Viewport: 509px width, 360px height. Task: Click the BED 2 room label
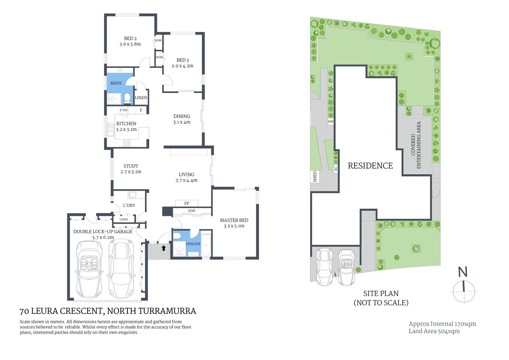click(x=130, y=38)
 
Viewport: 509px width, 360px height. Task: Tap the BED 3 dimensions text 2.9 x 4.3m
click(x=183, y=66)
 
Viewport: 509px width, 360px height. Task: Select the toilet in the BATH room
click(x=127, y=99)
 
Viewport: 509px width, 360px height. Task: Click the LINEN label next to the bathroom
click(x=141, y=98)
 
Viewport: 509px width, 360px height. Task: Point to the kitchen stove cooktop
click(x=127, y=142)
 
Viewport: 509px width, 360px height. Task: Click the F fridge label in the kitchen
click(x=141, y=110)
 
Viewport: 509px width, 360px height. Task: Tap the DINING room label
click(x=182, y=116)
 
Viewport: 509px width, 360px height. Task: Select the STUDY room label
click(x=131, y=166)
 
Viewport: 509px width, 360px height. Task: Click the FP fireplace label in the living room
click(x=187, y=203)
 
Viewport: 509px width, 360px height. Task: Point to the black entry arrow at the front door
click(x=163, y=248)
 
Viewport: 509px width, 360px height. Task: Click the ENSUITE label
click(x=193, y=244)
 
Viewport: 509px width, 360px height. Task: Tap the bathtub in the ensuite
click(x=206, y=245)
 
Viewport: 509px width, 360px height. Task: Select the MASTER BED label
click(x=234, y=220)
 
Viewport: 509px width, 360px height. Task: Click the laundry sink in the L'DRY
click(x=132, y=195)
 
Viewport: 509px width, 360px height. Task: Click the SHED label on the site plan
click(x=315, y=177)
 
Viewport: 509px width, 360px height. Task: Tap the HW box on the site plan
click(x=330, y=121)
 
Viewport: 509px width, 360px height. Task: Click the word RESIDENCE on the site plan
click(x=370, y=166)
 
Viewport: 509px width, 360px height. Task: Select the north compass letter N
click(x=463, y=272)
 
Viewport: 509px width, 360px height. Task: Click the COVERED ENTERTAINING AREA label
click(x=416, y=145)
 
